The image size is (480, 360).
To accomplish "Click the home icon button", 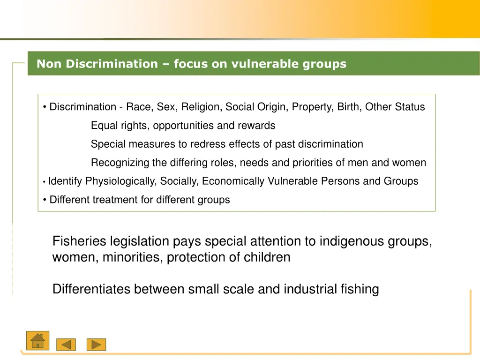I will tap(37, 340).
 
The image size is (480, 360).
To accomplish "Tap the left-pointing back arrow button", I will tap(66, 345).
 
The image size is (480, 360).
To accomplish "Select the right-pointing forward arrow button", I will tap(97, 345).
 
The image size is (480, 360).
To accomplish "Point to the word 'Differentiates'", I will tap(91, 289).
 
